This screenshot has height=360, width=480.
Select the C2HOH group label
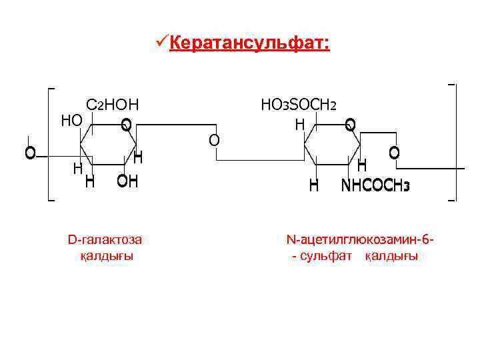112,105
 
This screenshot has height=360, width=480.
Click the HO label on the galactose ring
71,120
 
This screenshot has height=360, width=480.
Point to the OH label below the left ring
127,181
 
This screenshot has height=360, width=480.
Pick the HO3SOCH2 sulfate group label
299,105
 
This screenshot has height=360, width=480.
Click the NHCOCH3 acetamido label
375,186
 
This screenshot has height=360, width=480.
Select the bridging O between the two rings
213,140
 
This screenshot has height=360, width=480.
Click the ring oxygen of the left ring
126,125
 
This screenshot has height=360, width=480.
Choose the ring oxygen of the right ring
351,125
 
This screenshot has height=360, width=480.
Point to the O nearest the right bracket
394,153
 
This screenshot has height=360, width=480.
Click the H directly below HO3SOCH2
300,124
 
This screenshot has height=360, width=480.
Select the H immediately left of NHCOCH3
313,186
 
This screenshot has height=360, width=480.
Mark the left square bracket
51,143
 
